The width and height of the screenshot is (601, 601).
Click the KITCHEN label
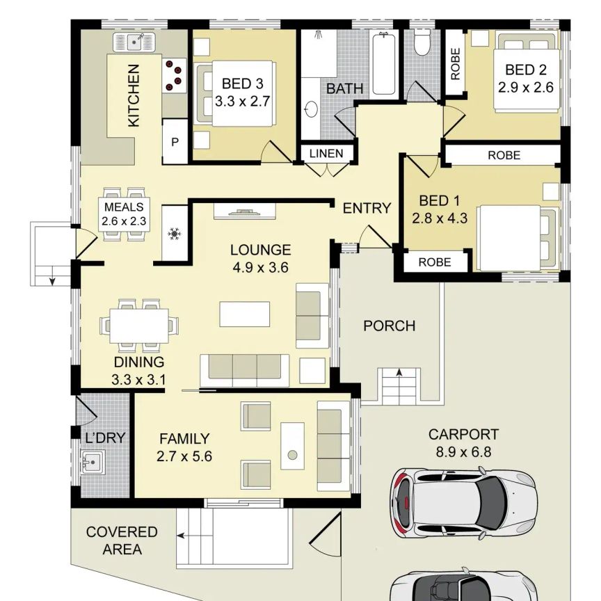[x=133, y=95]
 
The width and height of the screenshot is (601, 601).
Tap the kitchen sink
[x=134, y=42]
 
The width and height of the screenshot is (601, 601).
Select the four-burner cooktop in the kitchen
[x=175, y=75]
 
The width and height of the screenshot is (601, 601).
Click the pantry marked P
[x=175, y=142]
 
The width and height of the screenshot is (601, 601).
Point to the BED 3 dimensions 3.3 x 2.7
[x=242, y=102]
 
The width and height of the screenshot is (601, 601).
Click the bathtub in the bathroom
[x=384, y=63]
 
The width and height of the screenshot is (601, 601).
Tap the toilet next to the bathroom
[x=423, y=42]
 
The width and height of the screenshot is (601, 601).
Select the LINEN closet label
[x=326, y=153]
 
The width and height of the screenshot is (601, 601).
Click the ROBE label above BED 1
[x=504, y=155]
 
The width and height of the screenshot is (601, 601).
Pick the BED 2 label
[x=525, y=70]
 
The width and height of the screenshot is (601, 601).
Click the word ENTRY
[x=367, y=208]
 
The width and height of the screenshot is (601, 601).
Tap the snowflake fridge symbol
[x=175, y=234]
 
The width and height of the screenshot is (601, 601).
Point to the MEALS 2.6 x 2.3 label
[x=124, y=214]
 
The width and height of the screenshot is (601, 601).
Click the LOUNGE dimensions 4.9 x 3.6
[x=260, y=268]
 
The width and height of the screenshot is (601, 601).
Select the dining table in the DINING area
[x=139, y=326]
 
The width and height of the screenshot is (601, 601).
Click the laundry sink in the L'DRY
[x=93, y=462]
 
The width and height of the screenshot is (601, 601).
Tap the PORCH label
[x=389, y=326]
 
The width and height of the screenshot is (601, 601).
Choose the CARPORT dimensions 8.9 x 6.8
[x=463, y=452]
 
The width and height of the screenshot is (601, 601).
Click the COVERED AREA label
[x=122, y=540]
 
